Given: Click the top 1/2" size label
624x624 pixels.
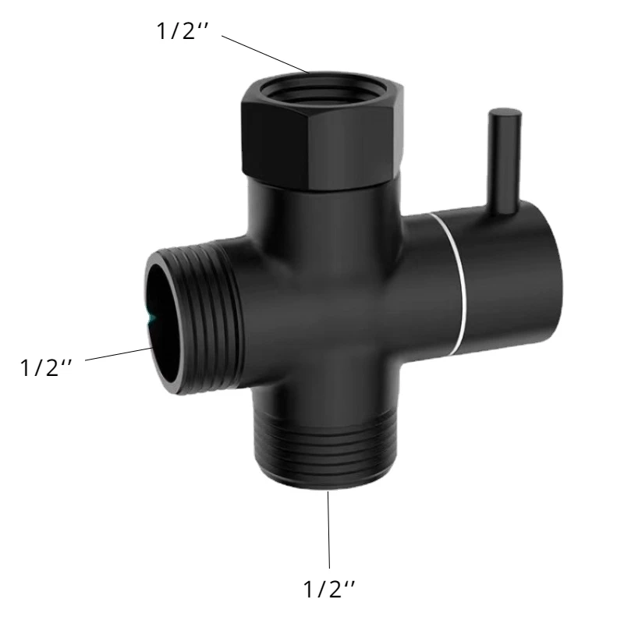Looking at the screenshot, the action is pos(183,30).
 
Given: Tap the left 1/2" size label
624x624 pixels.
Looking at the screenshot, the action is pos(46,367).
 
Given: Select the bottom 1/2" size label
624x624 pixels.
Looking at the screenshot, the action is pos(328,589).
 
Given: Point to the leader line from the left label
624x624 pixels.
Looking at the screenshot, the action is pos(119,353).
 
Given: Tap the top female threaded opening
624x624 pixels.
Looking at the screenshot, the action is pos(322,91).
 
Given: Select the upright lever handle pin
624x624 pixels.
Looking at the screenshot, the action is pos(505,159).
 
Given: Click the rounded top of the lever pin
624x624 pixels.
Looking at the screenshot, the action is pos(505,113).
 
